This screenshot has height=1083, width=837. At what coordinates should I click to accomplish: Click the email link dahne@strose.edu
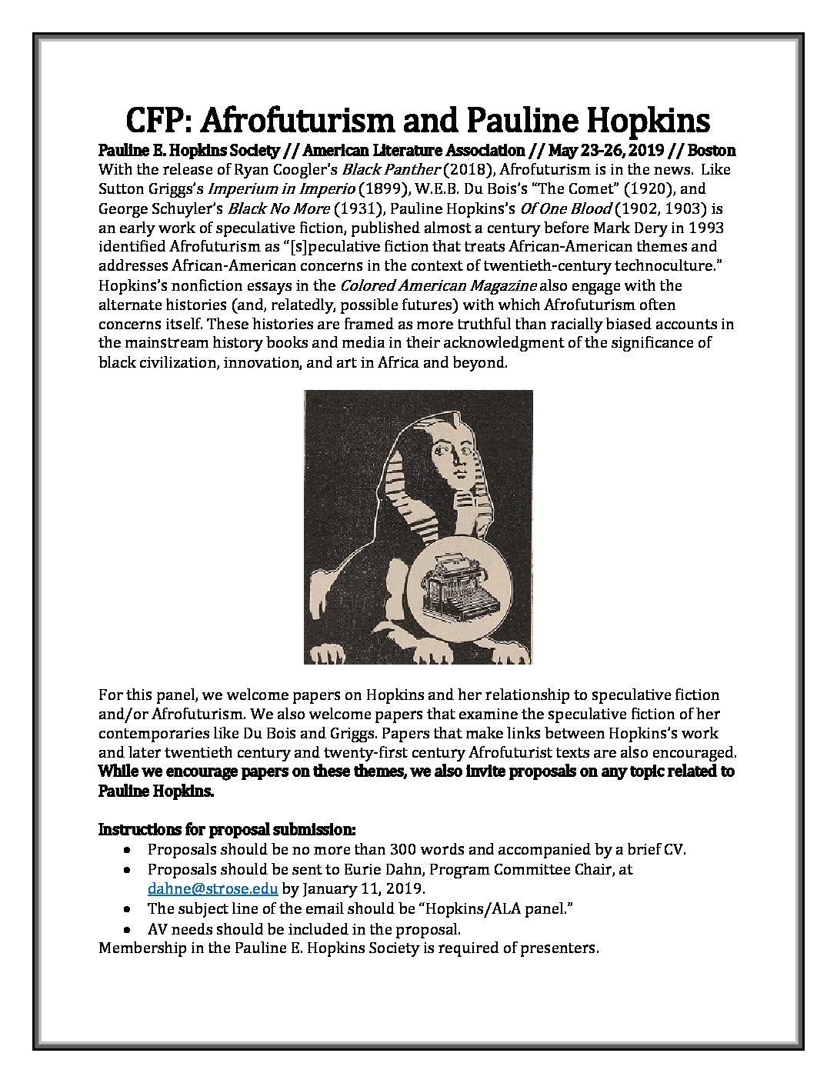coord(212,888)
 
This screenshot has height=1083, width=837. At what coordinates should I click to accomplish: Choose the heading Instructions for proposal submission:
coord(228,830)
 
